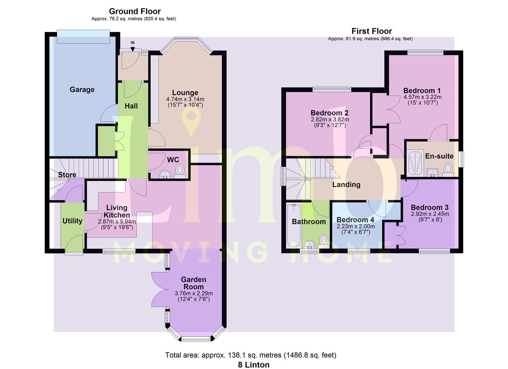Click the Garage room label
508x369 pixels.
coord(82,90)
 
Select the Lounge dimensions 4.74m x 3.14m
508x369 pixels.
coord(185,99)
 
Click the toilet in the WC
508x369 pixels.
coord(180,172)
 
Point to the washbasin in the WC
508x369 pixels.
coord(165,175)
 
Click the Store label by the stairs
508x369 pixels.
coord(67,175)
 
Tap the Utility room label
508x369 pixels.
coord(72,221)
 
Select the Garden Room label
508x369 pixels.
coord(193,283)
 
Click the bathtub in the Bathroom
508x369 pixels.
coord(294,225)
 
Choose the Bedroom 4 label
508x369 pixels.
coord(355,220)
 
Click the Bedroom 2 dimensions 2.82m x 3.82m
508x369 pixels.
coord(330,120)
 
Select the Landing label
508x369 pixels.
coord(346,185)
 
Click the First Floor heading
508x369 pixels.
coord(372,31)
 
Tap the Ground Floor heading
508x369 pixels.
coord(135,11)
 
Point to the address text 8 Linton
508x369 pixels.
coord(254,365)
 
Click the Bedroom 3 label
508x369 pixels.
coord(430,207)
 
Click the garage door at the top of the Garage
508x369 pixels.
coord(83,37)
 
